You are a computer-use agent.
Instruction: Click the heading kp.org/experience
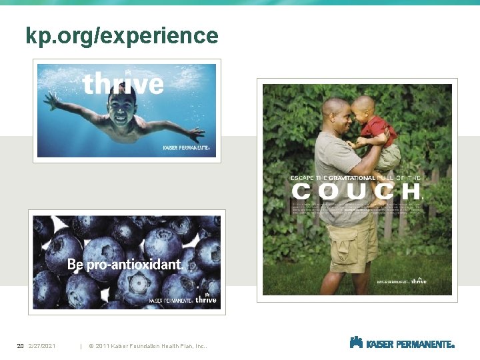(122, 35)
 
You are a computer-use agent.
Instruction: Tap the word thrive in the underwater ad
(123, 84)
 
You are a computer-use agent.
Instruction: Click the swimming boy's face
(122, 108)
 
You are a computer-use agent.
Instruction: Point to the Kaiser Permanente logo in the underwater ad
(187, 148)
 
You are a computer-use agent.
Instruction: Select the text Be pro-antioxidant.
(125, 265)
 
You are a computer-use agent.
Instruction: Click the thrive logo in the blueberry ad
(206, 300)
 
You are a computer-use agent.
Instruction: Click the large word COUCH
(357, 192)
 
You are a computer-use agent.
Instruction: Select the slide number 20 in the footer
(20, 345)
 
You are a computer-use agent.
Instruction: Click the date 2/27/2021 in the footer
(42, 345)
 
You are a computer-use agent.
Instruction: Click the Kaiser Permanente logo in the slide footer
(402, 343)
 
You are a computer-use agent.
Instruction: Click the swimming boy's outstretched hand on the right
(197, 133)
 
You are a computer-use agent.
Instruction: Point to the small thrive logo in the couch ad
(419, 281)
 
